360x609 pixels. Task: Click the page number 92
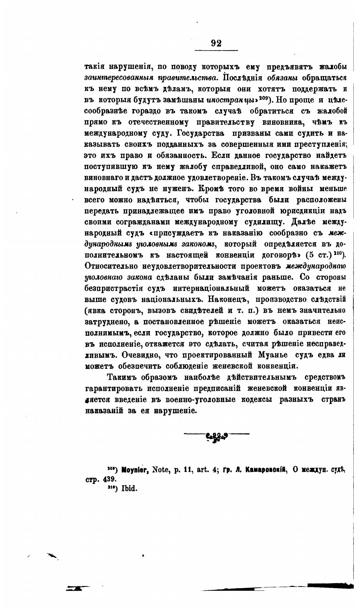[x=216, y=43]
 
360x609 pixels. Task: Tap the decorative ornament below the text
[x=217, y=436]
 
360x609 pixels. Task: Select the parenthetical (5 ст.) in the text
[x=317, y=255]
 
